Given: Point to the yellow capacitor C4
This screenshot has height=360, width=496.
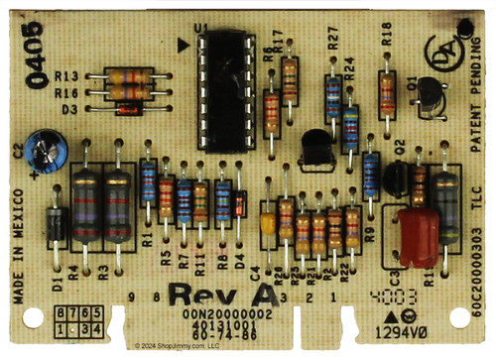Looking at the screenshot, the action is pyautogui.click(x=268, y=225).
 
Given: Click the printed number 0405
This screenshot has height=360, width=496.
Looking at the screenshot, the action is pyautogui.click(x=36, y=60).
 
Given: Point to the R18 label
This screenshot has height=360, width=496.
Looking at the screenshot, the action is pyautogui.click(x=386, y=36).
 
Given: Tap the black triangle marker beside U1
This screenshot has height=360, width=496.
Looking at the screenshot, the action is pyautogui.click(x=181, y=45).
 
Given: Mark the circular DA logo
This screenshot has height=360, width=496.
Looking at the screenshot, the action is pyautogui.click(x=438, y=49).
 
